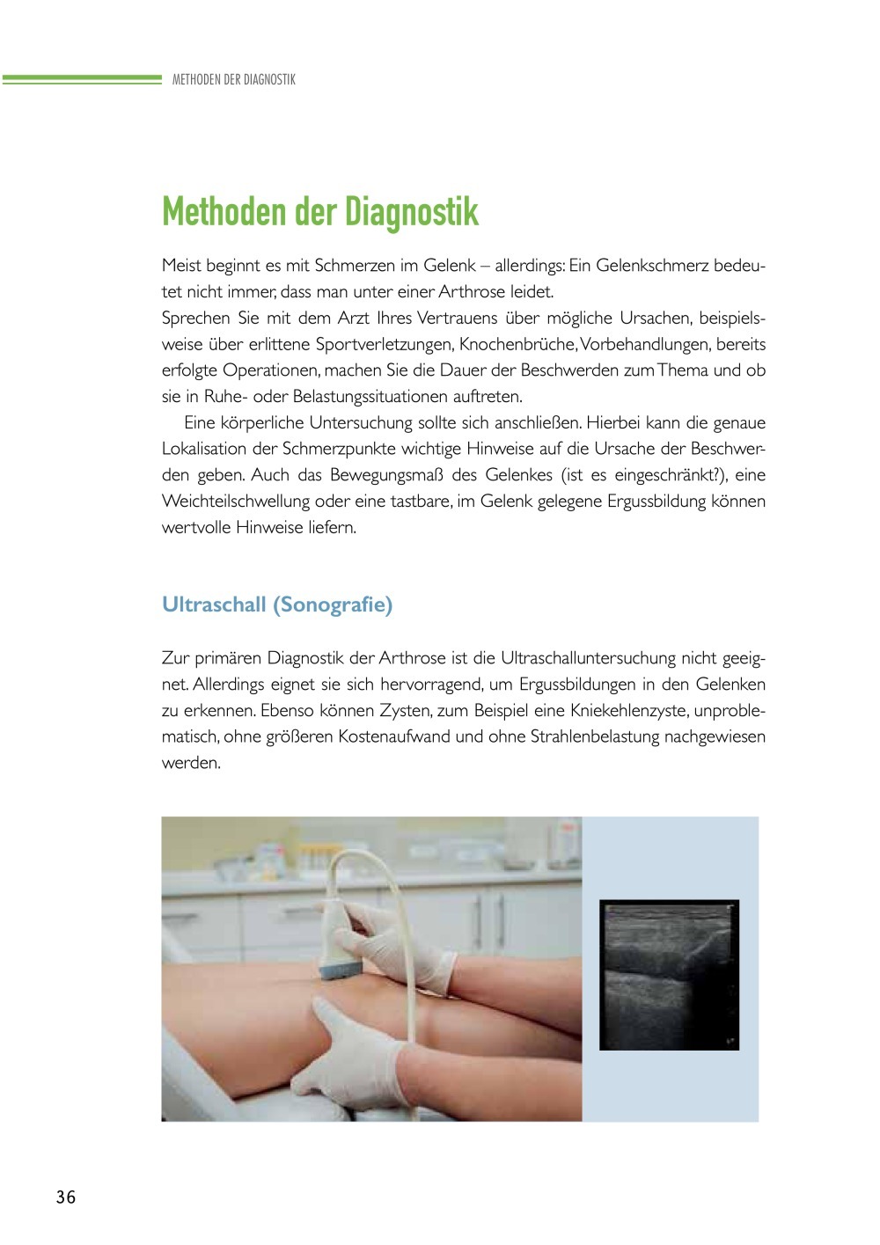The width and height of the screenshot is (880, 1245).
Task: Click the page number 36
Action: (x=66, y=1197)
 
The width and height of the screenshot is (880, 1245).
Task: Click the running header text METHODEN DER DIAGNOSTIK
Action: (x=234, y=79)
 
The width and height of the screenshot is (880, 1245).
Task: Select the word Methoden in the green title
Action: (x=224, y=212)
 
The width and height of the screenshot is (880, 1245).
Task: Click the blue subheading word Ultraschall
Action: (x=214, y=604)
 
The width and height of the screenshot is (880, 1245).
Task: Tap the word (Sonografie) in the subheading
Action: (x=333, y=604)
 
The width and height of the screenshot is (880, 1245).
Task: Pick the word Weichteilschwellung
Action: (x=236, y=502)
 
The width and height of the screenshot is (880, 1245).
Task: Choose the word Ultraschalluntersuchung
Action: (x=591, y=657)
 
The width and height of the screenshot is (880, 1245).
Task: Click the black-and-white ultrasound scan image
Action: (x=669, y=974)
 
